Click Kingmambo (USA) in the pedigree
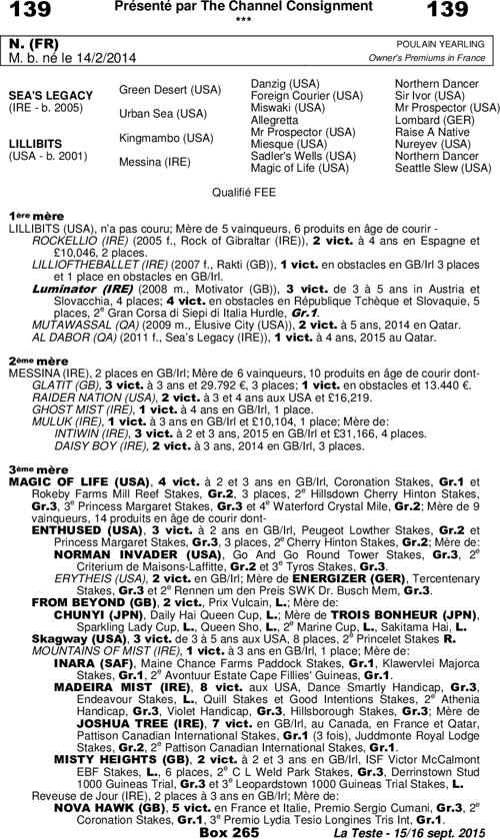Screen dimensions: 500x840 point(166,137)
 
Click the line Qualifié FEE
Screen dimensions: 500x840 point(249,189)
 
